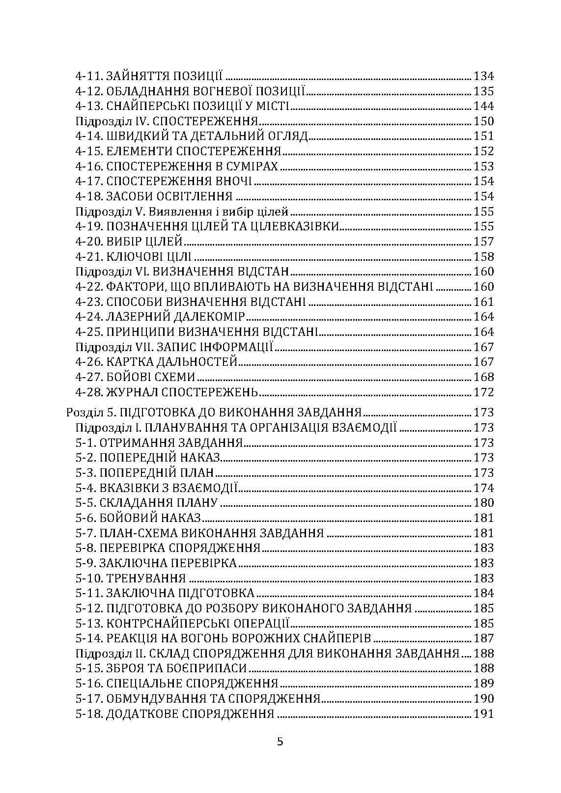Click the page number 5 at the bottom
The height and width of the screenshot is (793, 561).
point(280,741)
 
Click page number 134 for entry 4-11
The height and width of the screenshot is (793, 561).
point(483,76)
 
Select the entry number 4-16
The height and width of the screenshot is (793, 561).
point(89,166)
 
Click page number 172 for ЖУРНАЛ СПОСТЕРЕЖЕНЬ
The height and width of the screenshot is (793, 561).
point(483,392)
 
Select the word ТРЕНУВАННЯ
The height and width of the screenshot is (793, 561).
point(146,578)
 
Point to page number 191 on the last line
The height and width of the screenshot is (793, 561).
point(483,714)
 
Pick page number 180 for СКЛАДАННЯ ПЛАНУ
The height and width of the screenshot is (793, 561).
point(483,503)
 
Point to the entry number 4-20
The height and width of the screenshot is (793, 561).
point(89,242)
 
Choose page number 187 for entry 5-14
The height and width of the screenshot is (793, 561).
point(483,639)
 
